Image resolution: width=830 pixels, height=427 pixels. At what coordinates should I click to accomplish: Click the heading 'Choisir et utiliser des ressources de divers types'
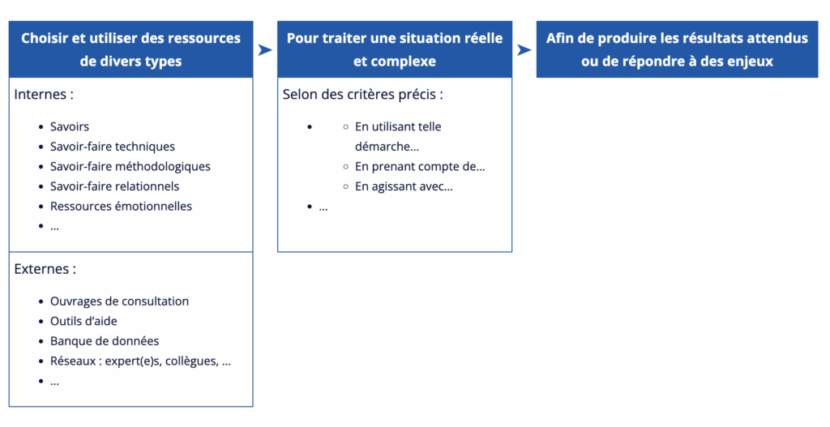coord(130,49)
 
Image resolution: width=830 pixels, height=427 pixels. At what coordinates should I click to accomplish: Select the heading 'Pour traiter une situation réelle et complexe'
coord(395,49)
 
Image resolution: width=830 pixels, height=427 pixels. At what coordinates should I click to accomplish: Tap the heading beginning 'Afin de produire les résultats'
coord(677,49)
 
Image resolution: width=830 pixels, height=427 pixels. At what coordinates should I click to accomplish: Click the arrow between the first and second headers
coord(265,49)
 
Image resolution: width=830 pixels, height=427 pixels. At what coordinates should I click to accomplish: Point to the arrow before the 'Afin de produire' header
coord(524,49)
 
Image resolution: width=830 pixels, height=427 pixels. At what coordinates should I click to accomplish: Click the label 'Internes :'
coord(44,94)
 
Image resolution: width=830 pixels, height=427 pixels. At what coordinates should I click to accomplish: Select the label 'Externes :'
coord(45,269)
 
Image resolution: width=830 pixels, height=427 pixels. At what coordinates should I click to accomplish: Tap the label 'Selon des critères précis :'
coord(362,94)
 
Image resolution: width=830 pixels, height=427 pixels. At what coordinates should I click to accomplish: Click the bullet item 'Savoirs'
coord(70,126)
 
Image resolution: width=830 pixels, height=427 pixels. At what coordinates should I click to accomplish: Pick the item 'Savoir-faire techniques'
coord(112,147)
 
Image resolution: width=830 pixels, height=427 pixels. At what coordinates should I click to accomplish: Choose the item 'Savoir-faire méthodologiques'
coord(130,167)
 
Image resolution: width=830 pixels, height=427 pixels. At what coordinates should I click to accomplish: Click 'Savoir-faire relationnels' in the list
coord(114,186)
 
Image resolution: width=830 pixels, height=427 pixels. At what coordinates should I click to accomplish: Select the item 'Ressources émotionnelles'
coord(121,207)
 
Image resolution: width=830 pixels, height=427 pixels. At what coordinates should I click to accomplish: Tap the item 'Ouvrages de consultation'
coord(119,301)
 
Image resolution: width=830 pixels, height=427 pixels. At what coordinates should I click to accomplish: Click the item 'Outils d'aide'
coord(83,321)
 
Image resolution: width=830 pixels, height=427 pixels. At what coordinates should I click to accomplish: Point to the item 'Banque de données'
coord(105,341)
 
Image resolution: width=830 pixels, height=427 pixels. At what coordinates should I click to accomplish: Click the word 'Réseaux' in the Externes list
coord(73,361)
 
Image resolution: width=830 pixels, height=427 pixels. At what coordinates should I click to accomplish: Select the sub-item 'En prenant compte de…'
coord(420,167)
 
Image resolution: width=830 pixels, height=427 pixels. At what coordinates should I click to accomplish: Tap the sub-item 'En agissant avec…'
coord(404,186)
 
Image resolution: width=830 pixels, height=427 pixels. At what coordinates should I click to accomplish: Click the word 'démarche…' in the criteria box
coord(387,147)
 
